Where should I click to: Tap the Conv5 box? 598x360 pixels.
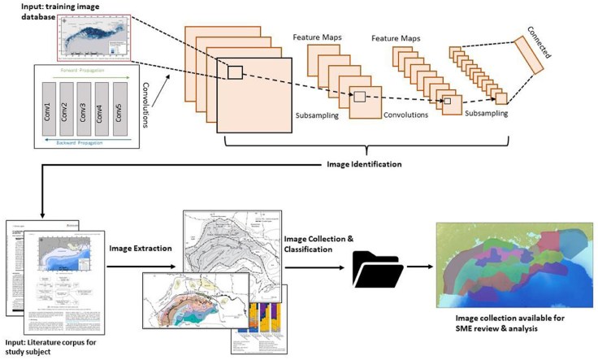[120, 109]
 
